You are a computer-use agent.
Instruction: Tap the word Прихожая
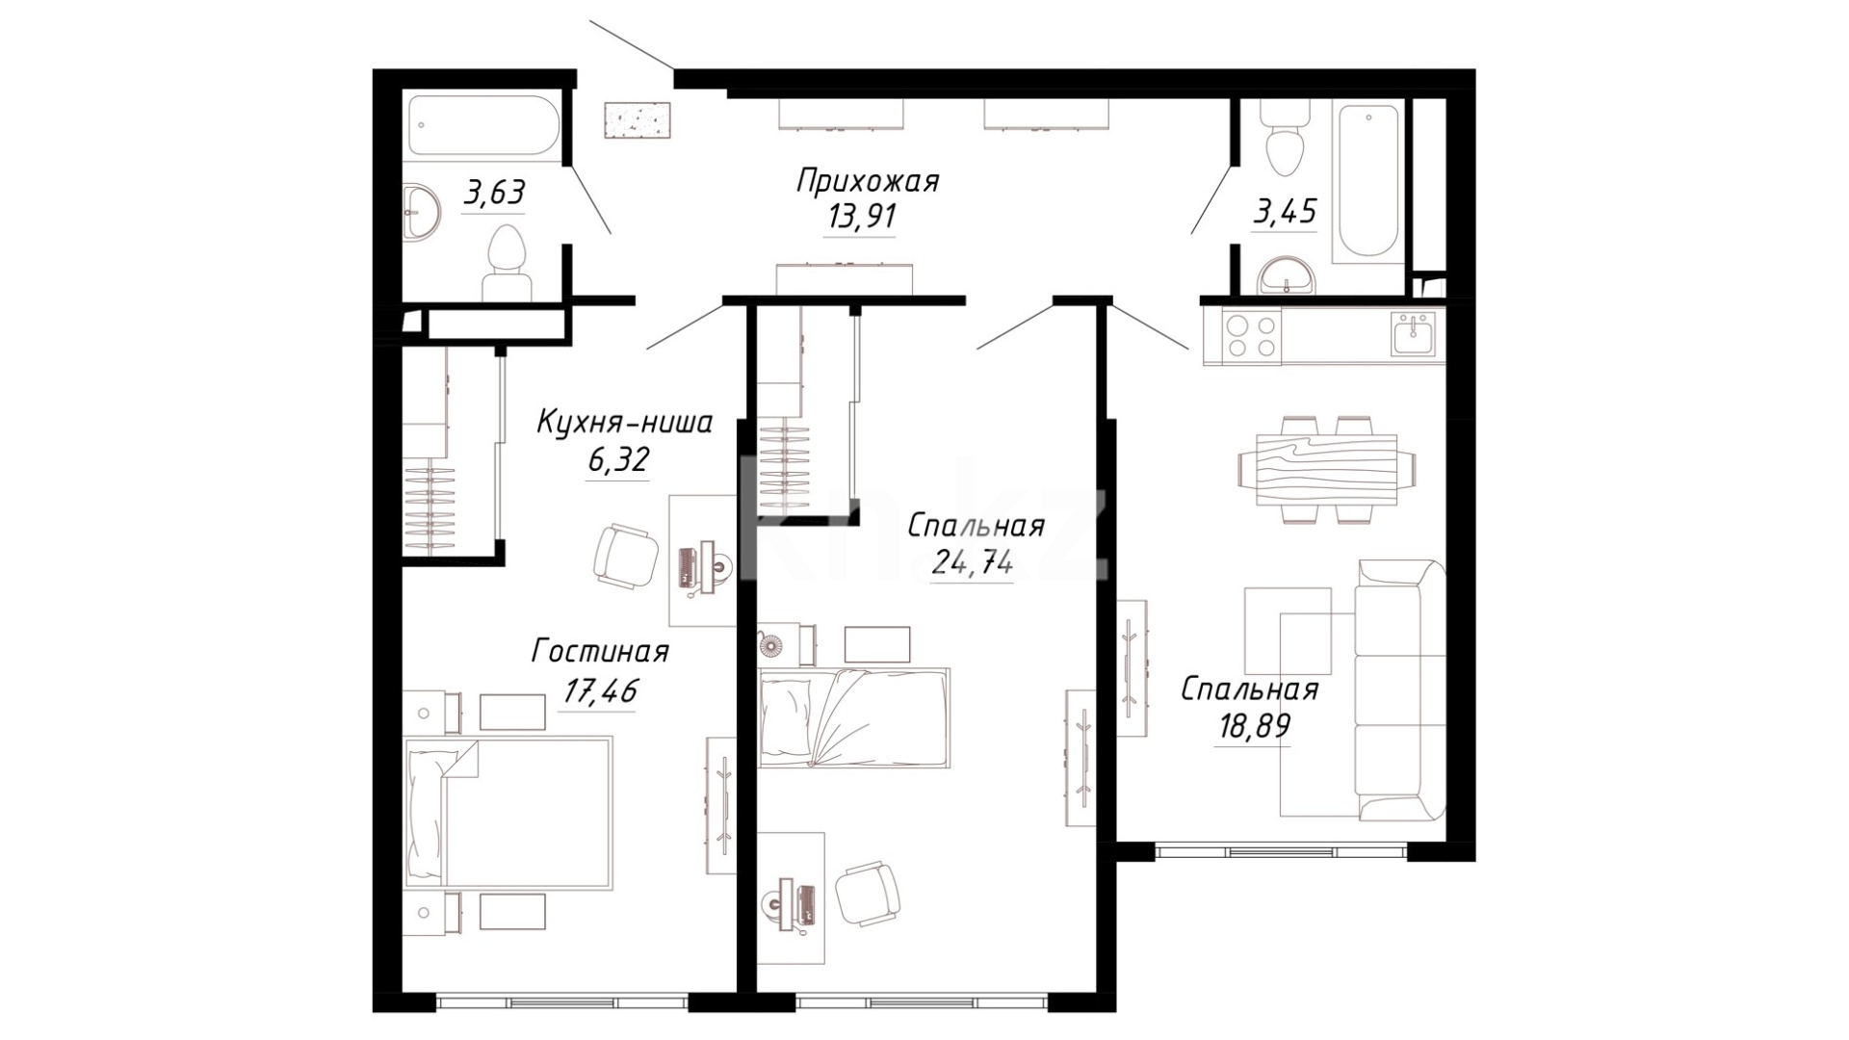(x=867, y=180)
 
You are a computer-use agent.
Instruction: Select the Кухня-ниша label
(x=624, y=423)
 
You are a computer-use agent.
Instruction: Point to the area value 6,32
(x=618, y=461)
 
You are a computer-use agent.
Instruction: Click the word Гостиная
(x=600, y=652)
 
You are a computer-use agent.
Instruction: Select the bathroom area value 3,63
(x=494, y=193)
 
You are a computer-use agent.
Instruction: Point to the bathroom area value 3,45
(x=1284, y=211)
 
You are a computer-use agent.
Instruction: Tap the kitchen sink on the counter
(x=1413, y=333)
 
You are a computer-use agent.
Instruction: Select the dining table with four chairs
(x=1326, y=469)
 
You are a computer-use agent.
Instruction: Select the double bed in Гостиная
(x=508, y=811)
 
